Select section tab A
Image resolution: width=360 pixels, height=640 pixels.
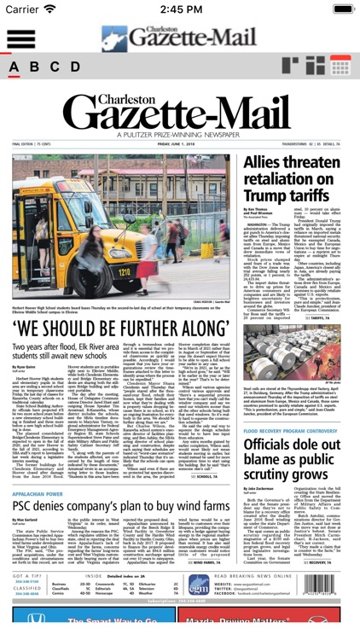click(x=16, y=67)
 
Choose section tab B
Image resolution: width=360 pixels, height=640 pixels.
click(x=36, y=67)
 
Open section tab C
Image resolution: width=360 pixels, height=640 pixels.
click(x=55, y=67)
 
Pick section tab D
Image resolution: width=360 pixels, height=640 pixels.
click(x=75, y=67)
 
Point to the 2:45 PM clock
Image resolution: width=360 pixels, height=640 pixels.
click(x=181, y=9)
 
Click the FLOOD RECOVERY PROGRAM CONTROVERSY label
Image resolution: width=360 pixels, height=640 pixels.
click(x=293, y=431)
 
